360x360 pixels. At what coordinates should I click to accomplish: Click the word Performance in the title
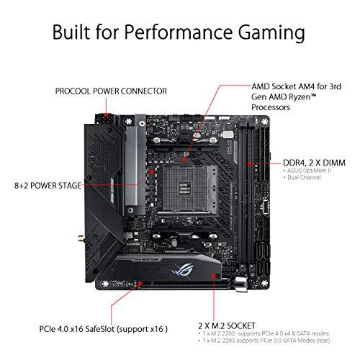(179, 34)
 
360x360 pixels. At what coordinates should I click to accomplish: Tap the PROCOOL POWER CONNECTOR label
(111, 91)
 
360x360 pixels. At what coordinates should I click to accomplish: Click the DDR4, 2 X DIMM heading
(293, 163)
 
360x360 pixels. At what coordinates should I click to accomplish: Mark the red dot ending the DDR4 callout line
(249, 163)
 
